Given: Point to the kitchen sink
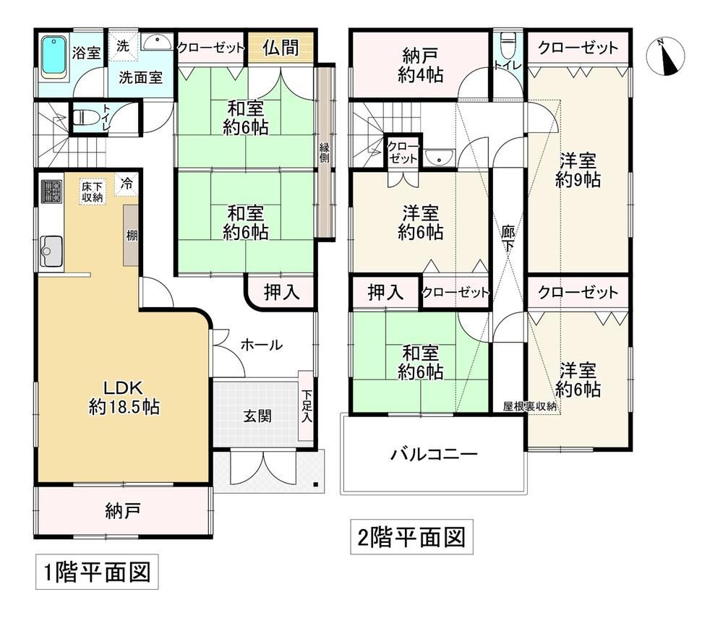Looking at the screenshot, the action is [51, 251].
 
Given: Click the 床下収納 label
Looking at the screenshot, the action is [93, 192].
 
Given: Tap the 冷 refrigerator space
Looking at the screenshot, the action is [127, 184].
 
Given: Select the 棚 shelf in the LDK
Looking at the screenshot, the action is [131, 235].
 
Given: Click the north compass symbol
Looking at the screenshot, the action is [665, 56].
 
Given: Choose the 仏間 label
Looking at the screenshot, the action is [281, 47].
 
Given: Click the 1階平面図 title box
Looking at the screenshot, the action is [97, 572].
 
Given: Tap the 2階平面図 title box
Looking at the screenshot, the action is [412, 537].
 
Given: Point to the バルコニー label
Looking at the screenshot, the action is [434, 455].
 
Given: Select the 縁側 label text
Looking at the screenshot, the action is [325, 153].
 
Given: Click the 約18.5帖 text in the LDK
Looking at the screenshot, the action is [124, 407].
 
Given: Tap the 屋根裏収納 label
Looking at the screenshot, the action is [529, 406].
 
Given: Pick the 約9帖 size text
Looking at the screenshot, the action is [578, 180].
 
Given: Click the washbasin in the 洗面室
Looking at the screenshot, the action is [157, 42].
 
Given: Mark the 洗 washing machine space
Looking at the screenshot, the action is [123, 46].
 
